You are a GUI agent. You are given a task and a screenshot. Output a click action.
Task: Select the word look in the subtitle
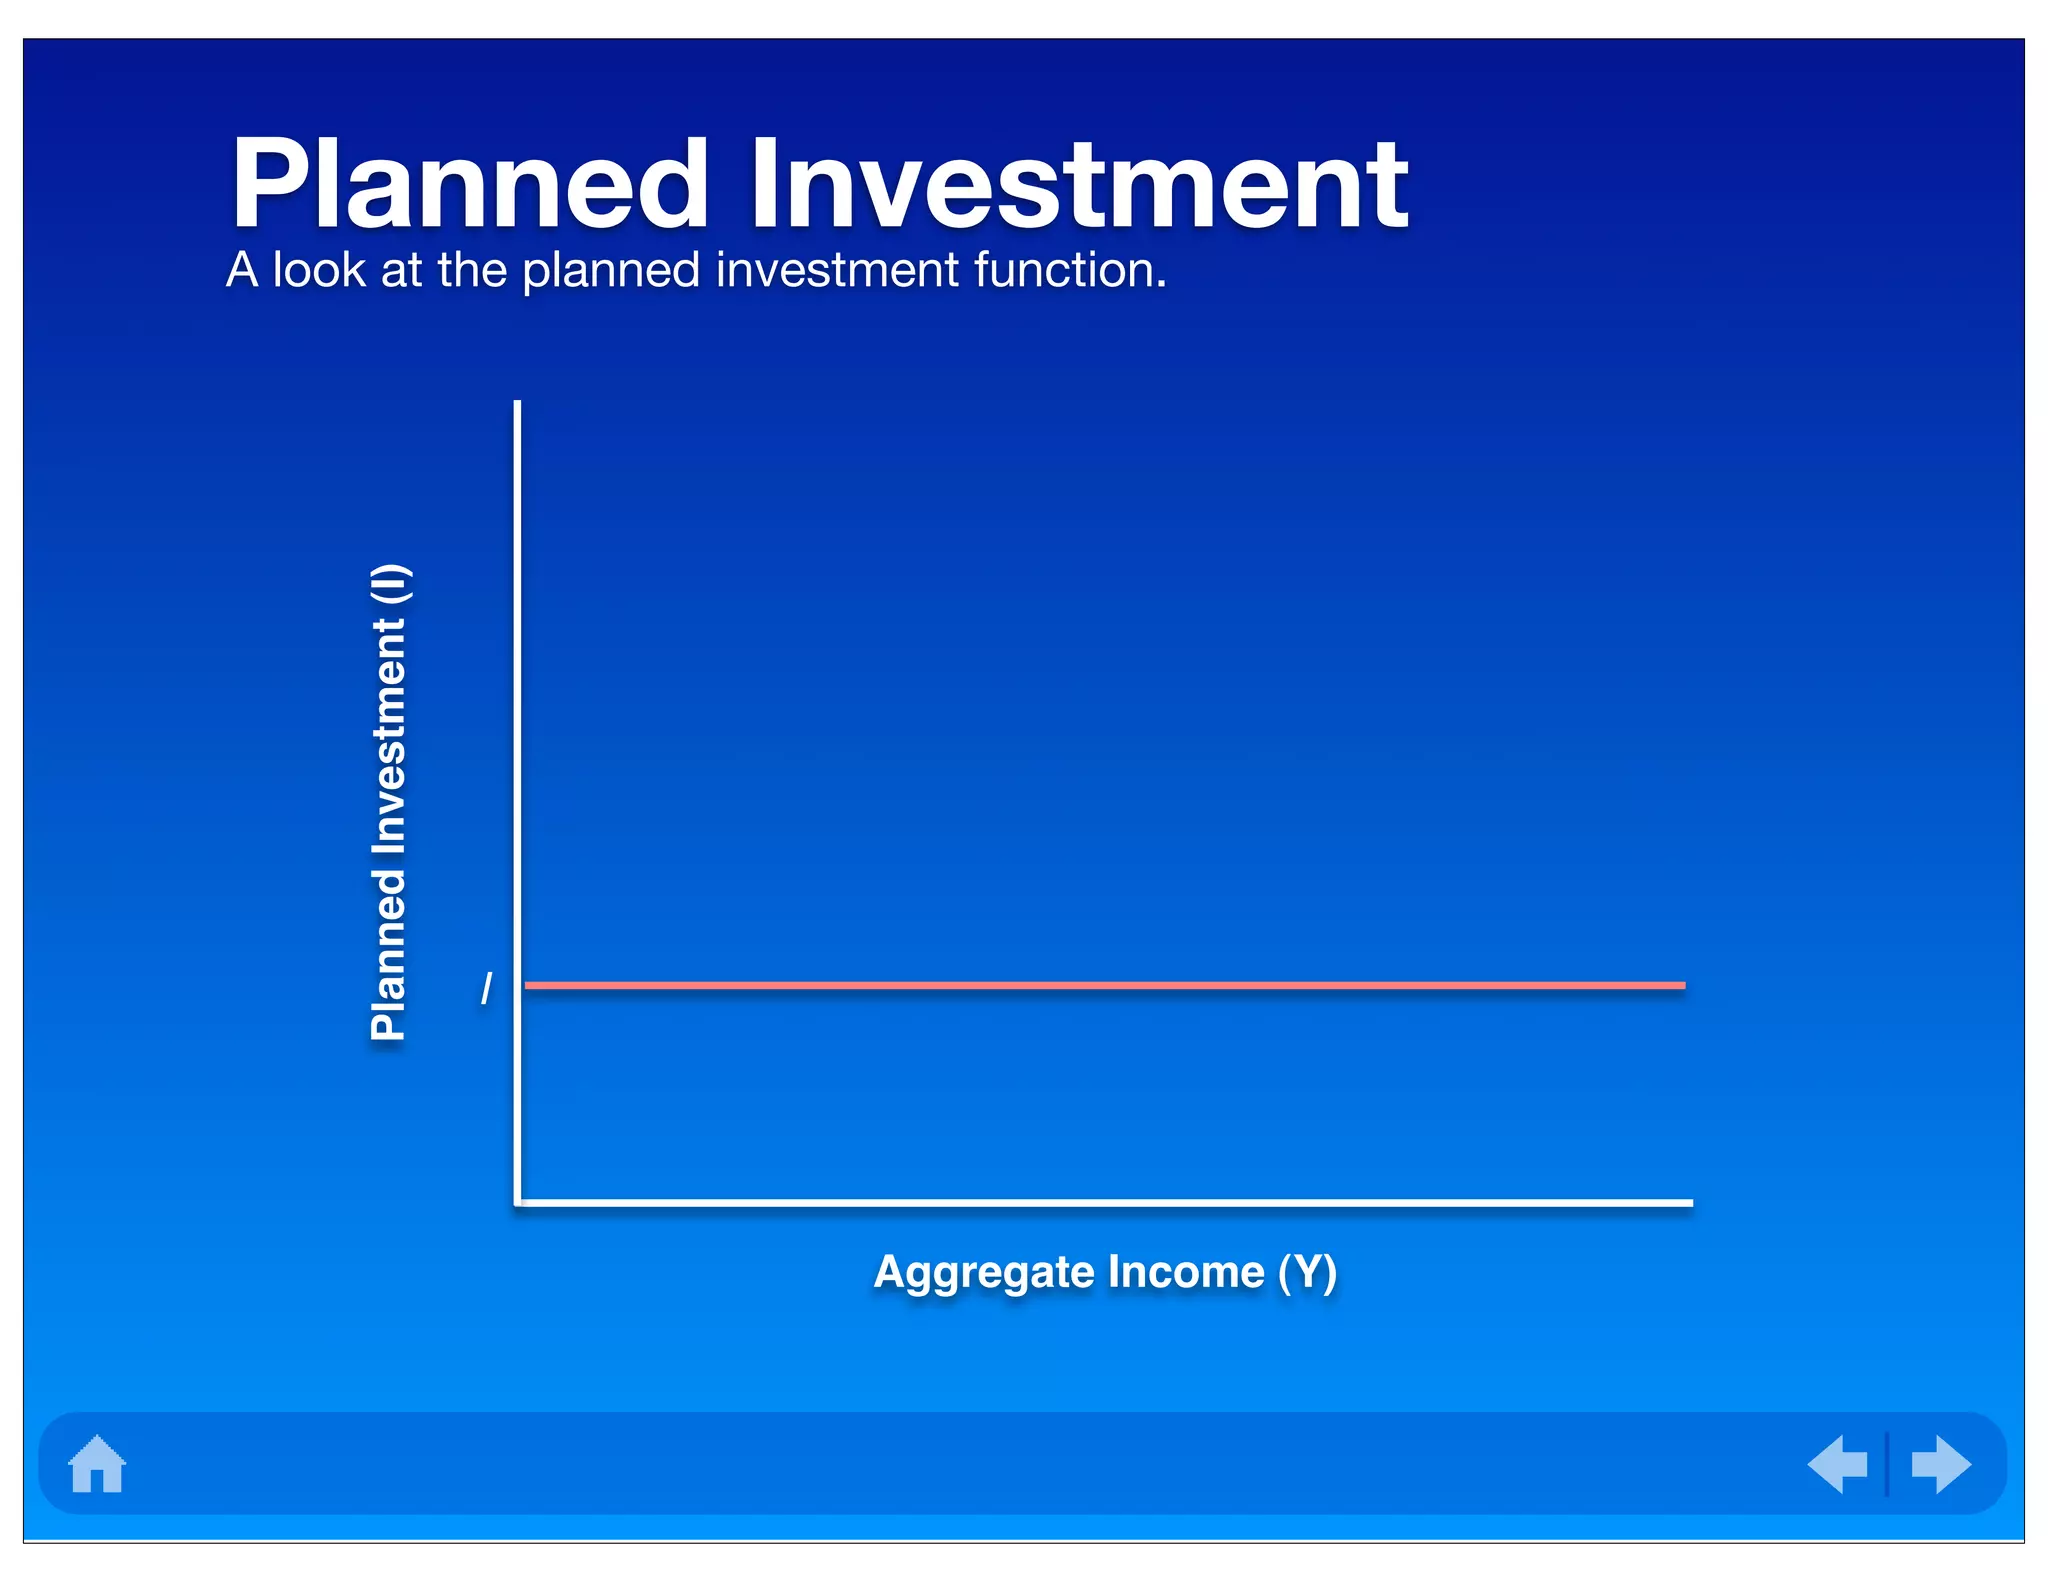(319, 270)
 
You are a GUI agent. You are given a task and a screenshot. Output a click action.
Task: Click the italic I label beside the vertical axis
(487, 988)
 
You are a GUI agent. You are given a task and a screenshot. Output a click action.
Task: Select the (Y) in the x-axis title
(1307, 1272)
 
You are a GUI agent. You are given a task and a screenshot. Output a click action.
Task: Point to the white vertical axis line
(517, 700)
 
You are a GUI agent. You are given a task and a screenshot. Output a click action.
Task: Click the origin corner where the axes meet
(518, 1203)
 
